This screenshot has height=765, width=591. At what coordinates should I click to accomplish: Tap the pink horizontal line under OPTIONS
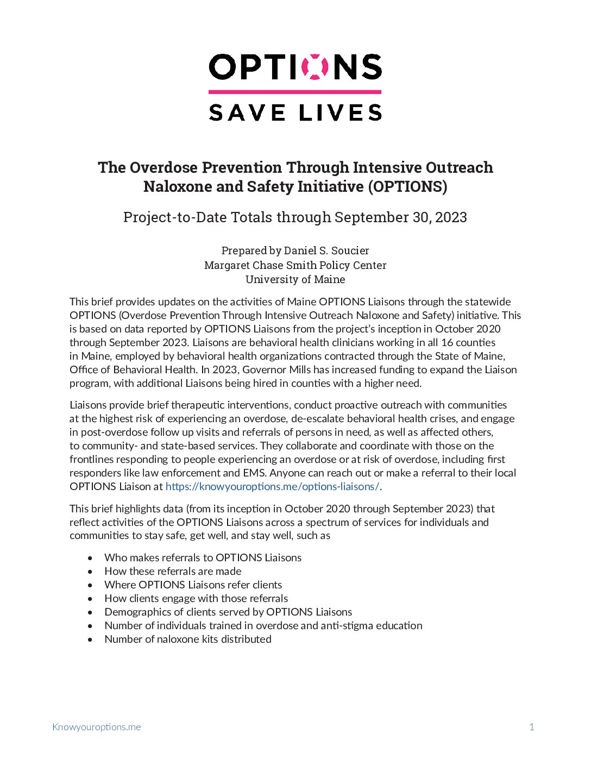[295, 92]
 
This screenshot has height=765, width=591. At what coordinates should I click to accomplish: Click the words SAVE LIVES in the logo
[295, 112]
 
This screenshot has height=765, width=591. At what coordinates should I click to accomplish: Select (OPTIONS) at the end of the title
[407, 186]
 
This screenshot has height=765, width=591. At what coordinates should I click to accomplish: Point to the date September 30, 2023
[400, 217]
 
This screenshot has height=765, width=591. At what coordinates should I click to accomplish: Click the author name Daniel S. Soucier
[326, 250]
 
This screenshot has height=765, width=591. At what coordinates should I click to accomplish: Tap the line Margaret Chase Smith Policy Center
[295, 265]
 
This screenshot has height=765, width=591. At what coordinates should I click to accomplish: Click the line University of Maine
[295, 279]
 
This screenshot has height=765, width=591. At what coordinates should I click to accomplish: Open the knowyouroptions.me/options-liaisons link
[272, 486]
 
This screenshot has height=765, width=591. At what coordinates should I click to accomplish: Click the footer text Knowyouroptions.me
[96, 727]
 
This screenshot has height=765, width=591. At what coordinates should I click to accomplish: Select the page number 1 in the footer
[532, 727]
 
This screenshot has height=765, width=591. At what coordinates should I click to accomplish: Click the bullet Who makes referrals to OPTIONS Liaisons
[203, 557]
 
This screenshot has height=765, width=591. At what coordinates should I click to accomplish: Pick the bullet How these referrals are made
[173, 571]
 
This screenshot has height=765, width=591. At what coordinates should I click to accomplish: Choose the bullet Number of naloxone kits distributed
[188, 639]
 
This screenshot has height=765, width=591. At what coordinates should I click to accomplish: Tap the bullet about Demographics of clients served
[228, 612]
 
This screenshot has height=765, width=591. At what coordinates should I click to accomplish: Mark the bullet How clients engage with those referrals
[196, 598]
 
